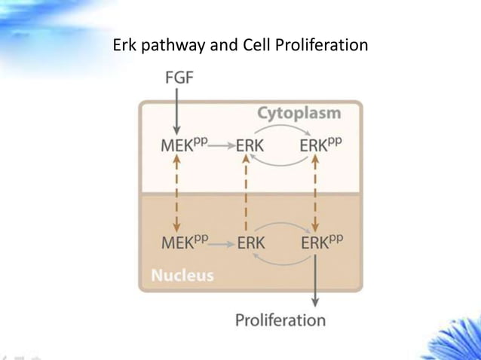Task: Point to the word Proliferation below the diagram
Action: pos(280,320)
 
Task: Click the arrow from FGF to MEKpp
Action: pos(176,110)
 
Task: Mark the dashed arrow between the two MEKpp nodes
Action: pos(176,194)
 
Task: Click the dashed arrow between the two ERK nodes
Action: pos(247,194)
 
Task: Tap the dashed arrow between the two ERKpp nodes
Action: pos(315,194)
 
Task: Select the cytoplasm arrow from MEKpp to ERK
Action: pos(221,146)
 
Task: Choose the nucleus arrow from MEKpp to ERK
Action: pos(221,243)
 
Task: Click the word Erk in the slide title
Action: pos(124,45)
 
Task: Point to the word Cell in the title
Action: pos(256,45)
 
